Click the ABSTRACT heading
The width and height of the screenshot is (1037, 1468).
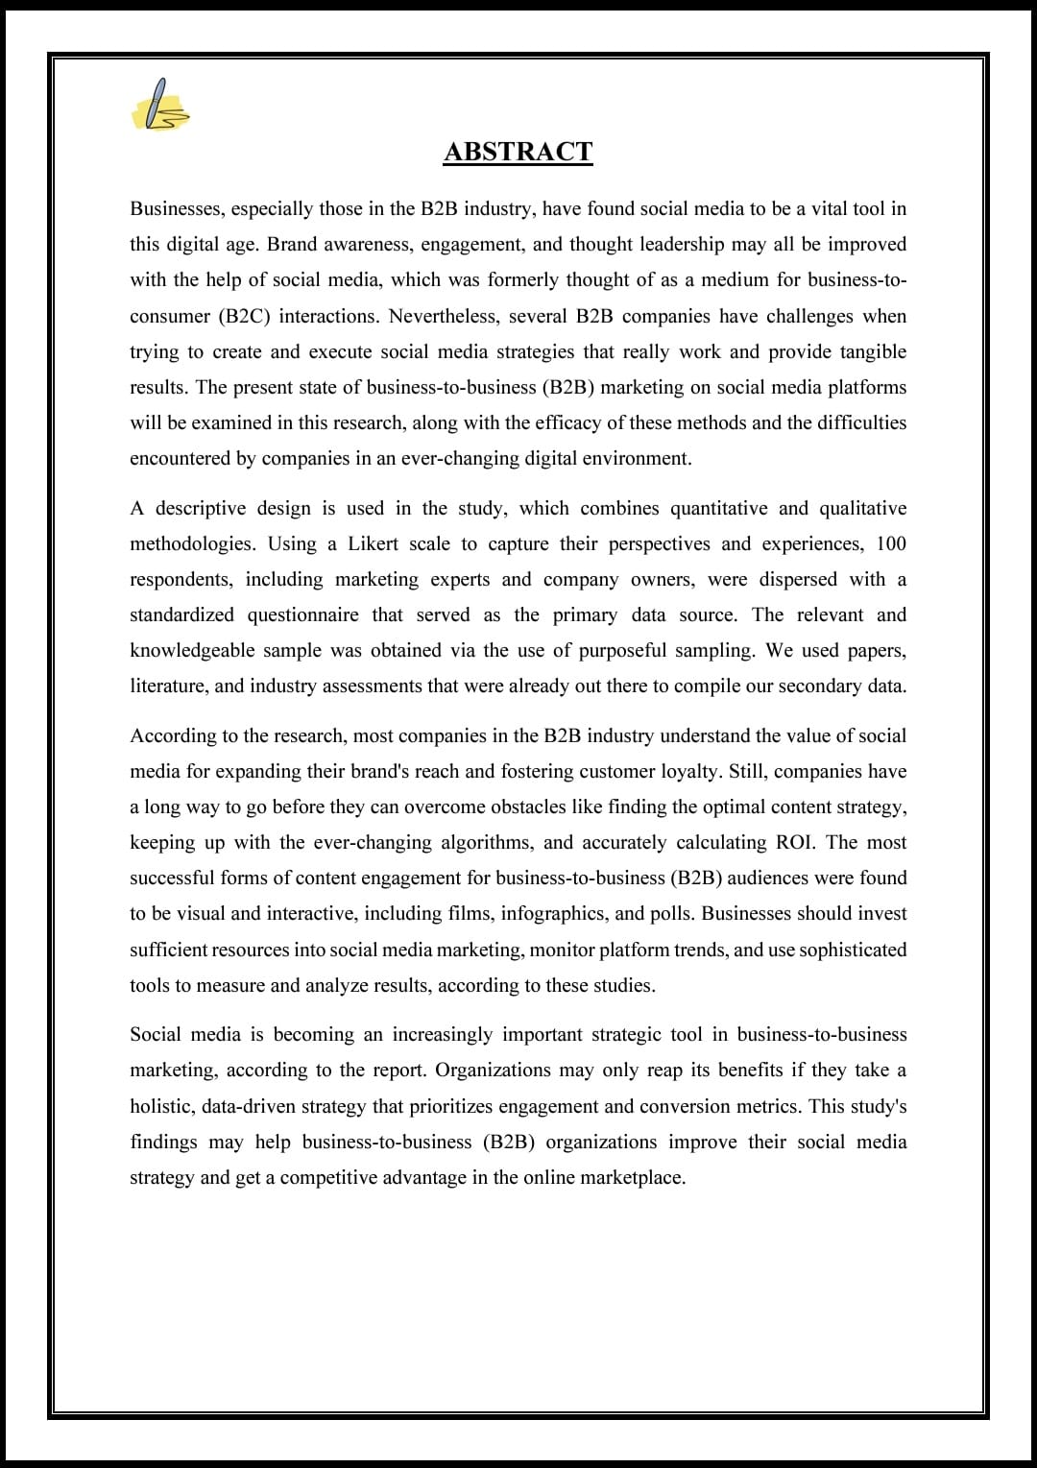518,152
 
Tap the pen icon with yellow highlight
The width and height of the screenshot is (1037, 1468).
160,105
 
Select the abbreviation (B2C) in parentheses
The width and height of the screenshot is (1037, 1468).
244,316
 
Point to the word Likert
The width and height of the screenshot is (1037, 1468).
373,543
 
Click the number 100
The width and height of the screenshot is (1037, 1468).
890,543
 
